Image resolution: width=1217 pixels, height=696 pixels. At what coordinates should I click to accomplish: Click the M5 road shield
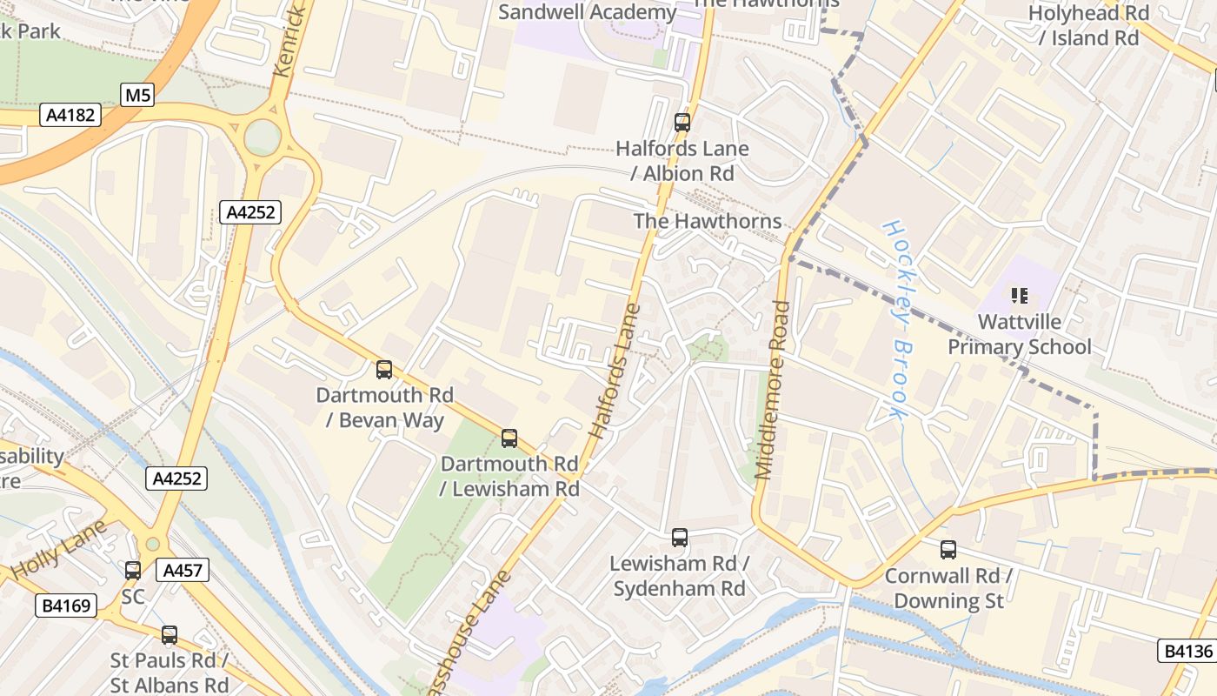pyautogui.click(x=137, y=95)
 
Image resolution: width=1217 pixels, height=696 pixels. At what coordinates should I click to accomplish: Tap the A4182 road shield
pyautogui.click(x=70, y=115)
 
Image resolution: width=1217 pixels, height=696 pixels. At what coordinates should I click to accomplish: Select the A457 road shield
pyautogui.click(x=183, y=571)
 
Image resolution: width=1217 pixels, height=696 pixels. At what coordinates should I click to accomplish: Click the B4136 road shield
pyautogui.click(x=1186, y=650)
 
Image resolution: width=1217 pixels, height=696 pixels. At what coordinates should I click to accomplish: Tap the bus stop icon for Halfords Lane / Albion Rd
pyautogui.click(x=682, y=123)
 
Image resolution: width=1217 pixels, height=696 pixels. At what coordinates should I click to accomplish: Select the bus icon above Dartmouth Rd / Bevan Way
pyautogui.click(x=384, y=370)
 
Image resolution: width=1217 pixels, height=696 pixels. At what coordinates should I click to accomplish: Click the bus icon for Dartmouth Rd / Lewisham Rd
pyautogui.click(x=509, y=438)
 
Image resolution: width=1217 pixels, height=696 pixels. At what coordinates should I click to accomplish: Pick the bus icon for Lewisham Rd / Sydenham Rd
pyautogui.click(x=680, y=538)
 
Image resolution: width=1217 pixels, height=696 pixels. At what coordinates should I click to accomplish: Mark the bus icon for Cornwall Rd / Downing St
pyautogui.click(x=948, y=550)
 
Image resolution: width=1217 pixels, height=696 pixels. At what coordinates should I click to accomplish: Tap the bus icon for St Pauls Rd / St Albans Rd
pyautogui.click(x=170, y=635)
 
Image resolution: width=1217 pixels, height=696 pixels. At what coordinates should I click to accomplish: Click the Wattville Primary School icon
pyautogui.click(x=1020, y=296)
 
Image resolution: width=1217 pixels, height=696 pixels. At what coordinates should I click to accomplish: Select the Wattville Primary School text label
pyautogui.click(x=1019, y=335)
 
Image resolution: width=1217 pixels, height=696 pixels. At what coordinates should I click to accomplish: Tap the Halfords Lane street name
pyautogui.click(x=615, y=370)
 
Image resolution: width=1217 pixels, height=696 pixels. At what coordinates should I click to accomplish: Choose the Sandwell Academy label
pyautogui.click(x=587, y=12)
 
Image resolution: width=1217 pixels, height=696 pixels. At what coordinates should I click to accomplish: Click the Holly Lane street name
pyautogui.click(x=59, y=550)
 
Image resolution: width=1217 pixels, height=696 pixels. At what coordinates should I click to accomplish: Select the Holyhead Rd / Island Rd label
pyautogui.click(x=1088, y=25)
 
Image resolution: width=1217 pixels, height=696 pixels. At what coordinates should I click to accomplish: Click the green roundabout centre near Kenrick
pyautogui.click(x=263, y=137)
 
